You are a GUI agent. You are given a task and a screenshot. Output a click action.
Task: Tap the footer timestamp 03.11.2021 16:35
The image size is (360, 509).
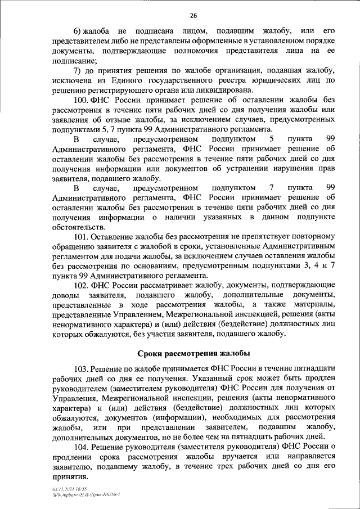tap(64, 489)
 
